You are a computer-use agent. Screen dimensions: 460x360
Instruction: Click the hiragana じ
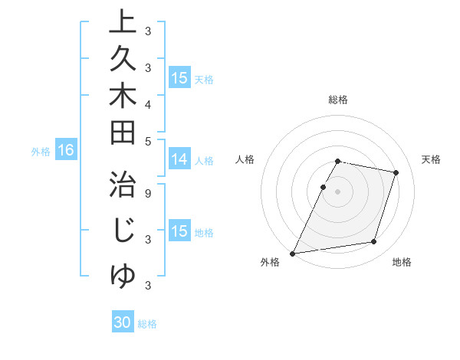123,231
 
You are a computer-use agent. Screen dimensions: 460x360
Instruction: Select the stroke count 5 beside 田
147,141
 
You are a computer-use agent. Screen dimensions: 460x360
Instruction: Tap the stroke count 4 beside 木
147,103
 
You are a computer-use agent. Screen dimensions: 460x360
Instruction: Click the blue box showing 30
123,322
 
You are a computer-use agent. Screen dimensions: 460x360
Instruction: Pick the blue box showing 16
65,150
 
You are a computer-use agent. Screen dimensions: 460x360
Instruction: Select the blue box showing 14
179,159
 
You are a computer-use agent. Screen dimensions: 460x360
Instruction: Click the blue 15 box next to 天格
179,78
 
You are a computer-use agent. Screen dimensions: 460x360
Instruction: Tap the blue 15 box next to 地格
179,231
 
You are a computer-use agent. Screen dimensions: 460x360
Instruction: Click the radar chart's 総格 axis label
338,100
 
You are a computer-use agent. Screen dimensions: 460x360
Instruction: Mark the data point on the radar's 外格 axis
293,253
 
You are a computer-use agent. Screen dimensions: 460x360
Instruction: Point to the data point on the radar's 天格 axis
396,172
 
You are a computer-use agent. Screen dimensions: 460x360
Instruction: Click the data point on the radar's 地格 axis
374,242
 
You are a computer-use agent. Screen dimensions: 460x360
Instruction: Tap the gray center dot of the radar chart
338,191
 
